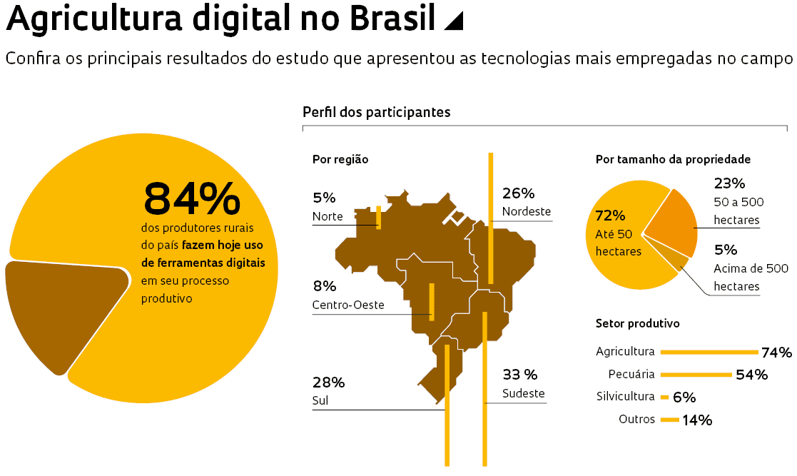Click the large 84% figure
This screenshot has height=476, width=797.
(192, 199)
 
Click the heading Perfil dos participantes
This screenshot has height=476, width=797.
(376, 112)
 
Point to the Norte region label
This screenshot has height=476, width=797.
(328, 216)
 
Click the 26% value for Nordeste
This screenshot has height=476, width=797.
(518, 193)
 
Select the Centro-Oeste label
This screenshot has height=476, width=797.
(348, 305)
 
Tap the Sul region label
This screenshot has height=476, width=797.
(320, 400)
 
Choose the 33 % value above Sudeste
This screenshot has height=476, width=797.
(520, 375)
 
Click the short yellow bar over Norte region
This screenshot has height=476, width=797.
(378, 217)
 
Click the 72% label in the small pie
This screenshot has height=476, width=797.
(610, 216)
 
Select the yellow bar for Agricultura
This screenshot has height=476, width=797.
(709, 352)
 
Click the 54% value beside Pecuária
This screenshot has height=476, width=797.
(751, 375)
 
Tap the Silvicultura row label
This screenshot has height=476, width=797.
(625, 397)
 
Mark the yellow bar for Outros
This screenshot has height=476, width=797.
(669, 420)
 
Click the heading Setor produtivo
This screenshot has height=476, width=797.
(637, 323)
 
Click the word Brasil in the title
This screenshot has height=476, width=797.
(394, 19)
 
